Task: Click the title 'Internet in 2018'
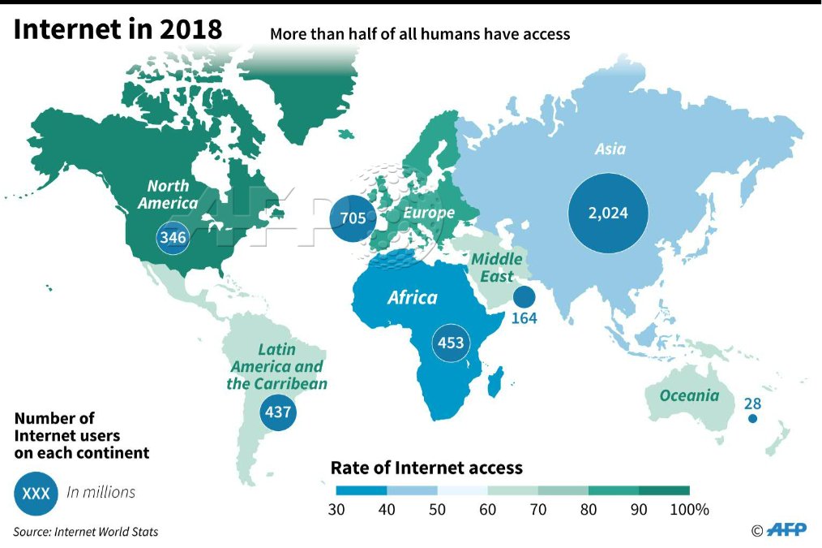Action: tap(118, 29)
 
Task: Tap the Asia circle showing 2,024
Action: tap(609, 214)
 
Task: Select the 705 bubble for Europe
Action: tap(353, 218)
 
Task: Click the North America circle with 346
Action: tap(173, 238)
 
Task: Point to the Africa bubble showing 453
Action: tap(451, 343)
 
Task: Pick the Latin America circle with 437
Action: tap(278, 412)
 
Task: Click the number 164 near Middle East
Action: tap(524, 317)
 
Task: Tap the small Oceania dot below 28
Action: tap(752, 419)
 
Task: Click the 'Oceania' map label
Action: tap(688, 396)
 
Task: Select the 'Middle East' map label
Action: tap(497, 268)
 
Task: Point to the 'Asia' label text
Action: tap(610, 149)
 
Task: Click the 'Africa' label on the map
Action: tap(412, 297)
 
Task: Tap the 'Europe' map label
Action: tap(430, 213)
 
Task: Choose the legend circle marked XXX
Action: tap(36, 493)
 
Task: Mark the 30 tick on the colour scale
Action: tap(337, 510)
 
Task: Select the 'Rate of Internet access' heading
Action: tap(426, 468)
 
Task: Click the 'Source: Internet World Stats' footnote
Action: tap(85, 532)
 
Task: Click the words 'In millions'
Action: tap(101, 492)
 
